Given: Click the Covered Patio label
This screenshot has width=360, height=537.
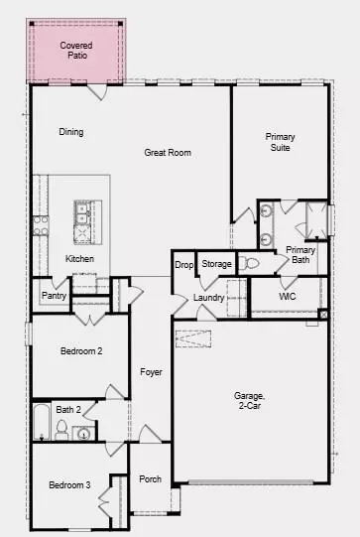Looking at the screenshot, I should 77,51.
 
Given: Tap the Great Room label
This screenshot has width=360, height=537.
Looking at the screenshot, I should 167,153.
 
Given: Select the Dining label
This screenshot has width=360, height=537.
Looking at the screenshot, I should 71,132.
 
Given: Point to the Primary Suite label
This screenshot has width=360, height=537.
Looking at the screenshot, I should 281,142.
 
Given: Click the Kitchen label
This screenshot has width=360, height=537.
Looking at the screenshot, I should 80,259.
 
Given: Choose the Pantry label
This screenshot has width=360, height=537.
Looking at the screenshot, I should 54,296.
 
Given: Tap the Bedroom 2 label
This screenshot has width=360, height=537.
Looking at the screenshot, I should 80,350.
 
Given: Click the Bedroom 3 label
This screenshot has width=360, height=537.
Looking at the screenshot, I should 72,484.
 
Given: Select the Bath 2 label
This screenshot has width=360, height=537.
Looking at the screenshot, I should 67,410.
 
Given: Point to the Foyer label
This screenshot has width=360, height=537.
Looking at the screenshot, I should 151,373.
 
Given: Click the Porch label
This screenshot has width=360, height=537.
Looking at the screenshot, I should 151,478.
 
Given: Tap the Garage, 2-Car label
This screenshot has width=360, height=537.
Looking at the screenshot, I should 248,399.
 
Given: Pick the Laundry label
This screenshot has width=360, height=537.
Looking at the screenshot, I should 209,297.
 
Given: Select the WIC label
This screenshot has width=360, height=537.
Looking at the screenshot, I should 288,296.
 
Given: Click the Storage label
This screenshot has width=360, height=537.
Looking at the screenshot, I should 216,264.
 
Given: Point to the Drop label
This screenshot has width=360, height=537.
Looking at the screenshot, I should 183,264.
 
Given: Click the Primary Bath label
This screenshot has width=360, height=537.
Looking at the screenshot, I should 300,254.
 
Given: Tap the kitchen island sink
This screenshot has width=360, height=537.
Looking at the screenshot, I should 83,220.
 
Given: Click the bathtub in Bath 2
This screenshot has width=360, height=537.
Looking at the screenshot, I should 42,422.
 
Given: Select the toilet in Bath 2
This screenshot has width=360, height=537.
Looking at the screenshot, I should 61,429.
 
